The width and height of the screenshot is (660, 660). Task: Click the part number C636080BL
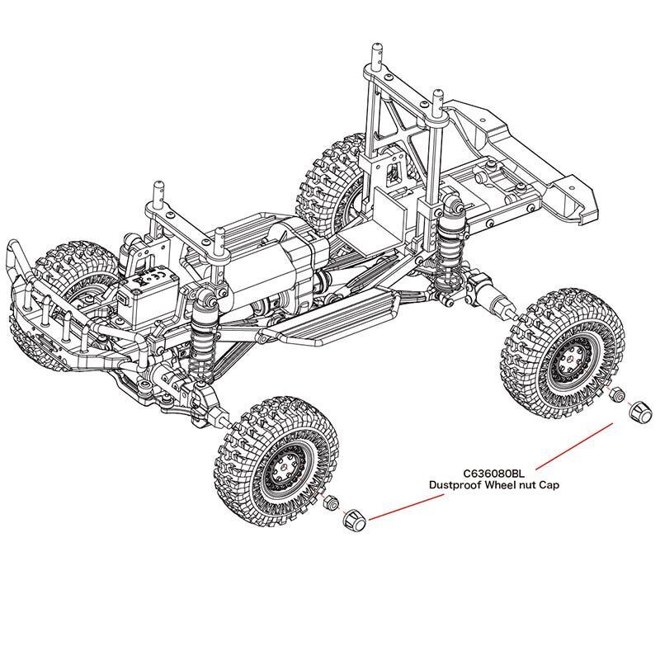click(493, 473)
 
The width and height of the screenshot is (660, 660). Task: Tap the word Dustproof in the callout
click(455, 486)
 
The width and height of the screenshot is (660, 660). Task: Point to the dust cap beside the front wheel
click(352, 520)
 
